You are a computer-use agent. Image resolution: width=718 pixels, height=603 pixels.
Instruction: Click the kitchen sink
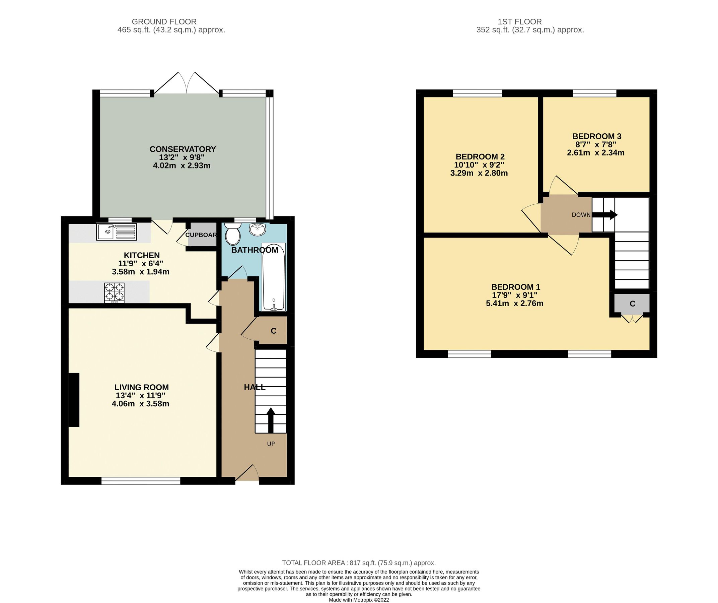coord(116,232)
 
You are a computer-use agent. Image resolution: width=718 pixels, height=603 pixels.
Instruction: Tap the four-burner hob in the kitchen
coord(114,293)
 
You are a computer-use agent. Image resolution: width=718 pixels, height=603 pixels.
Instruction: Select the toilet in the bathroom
coord(233,233)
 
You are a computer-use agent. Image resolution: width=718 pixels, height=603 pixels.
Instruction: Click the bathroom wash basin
coord(258,229)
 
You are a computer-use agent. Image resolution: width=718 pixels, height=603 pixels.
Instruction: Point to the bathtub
coord(274,277)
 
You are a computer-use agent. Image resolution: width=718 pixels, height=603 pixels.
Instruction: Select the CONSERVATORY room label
coord(183,149)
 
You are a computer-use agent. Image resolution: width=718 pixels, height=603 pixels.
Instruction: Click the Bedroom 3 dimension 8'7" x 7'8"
coord(596,145)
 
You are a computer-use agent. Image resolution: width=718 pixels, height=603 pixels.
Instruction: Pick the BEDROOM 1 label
coord(516,287)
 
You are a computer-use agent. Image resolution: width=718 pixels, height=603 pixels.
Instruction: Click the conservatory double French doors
coord(186,84)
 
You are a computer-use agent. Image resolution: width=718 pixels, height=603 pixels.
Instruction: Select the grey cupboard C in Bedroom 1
coord(632,304)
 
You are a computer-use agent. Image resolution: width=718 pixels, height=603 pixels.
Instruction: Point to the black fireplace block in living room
coord(74,400)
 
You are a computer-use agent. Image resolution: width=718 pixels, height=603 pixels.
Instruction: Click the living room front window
coord(141,481)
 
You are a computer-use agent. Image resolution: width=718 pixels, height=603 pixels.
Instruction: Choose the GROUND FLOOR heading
coord(164,21)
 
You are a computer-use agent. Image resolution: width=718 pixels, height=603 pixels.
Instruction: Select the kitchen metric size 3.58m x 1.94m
coord(141,272)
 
